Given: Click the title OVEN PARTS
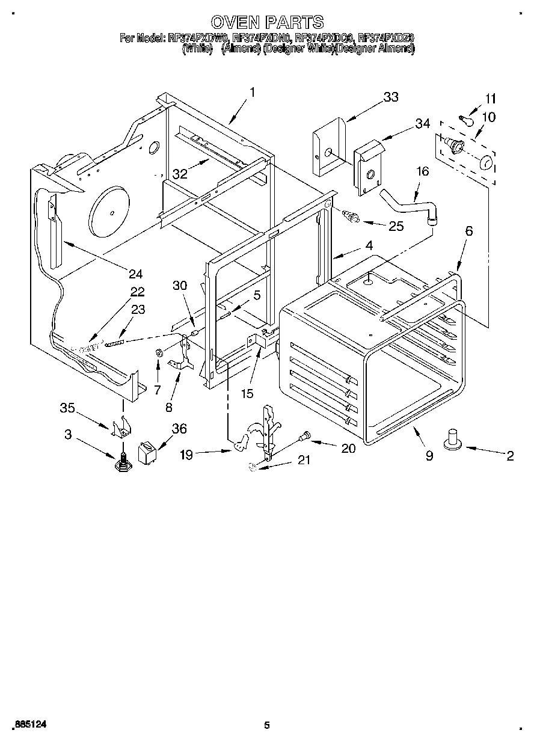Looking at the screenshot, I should coord(268,22).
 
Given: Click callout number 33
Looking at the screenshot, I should coord(390,98).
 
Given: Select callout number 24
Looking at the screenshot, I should coord(135,274).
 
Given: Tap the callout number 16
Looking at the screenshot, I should coord(423,172).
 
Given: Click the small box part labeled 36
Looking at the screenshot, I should coord(147,452).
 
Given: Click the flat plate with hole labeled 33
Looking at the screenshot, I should coord(328,147).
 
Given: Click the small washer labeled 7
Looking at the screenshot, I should coord(158,352).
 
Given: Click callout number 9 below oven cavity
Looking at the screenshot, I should coord(429,456).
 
